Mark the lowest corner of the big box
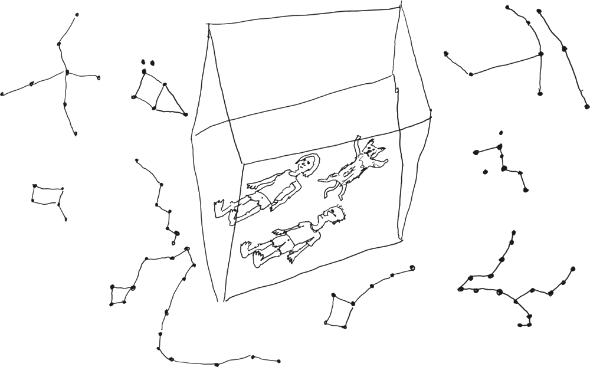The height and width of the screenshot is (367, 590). click(222, 302)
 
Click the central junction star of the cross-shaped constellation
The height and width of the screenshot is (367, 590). click(67, 73)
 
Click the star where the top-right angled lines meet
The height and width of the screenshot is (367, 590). click(539, 54)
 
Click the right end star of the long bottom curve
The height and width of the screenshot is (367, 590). click(278, 361)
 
